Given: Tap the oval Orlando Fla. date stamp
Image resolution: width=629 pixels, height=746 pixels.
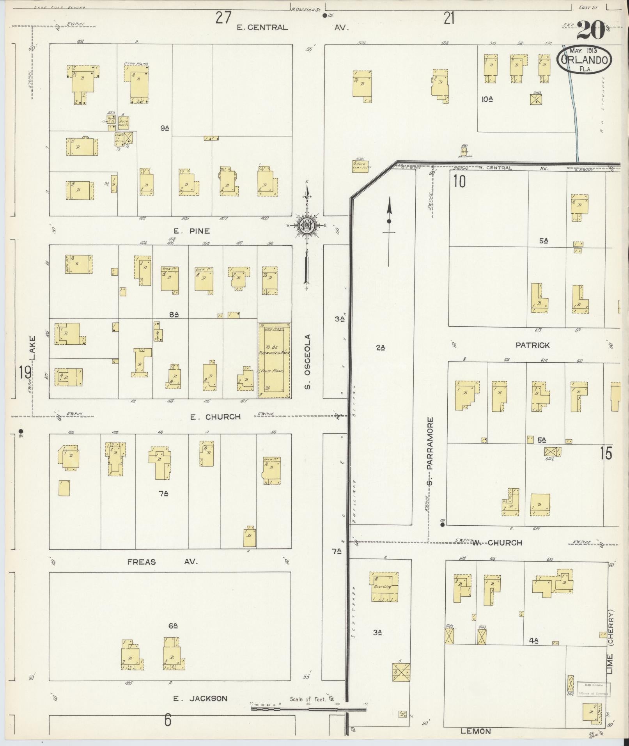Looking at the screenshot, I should click(x=584, y=60).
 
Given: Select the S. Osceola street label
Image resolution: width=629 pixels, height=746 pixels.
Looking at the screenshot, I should click(x=308, y=361).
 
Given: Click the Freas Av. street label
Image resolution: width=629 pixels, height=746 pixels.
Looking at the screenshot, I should click(x=163, y=562).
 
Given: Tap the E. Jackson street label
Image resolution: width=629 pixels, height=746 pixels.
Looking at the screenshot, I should click(x=200, y=698).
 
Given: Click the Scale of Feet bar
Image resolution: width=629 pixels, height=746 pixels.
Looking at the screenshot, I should click(x=308, y=708).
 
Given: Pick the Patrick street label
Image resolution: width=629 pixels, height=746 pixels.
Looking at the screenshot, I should click(x=532, y=345).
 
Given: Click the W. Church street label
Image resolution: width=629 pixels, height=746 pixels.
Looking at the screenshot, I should click(x=497, y=543).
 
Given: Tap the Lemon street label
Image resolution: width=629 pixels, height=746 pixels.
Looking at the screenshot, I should click(x=475, y=731).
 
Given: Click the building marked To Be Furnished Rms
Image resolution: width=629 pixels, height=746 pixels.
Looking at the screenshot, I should click(x=274, y=360).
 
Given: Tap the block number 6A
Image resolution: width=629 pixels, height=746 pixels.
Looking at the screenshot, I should click(x=173, y=626).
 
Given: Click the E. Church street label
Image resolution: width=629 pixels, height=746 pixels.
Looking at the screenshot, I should click(x=215, y=417).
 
